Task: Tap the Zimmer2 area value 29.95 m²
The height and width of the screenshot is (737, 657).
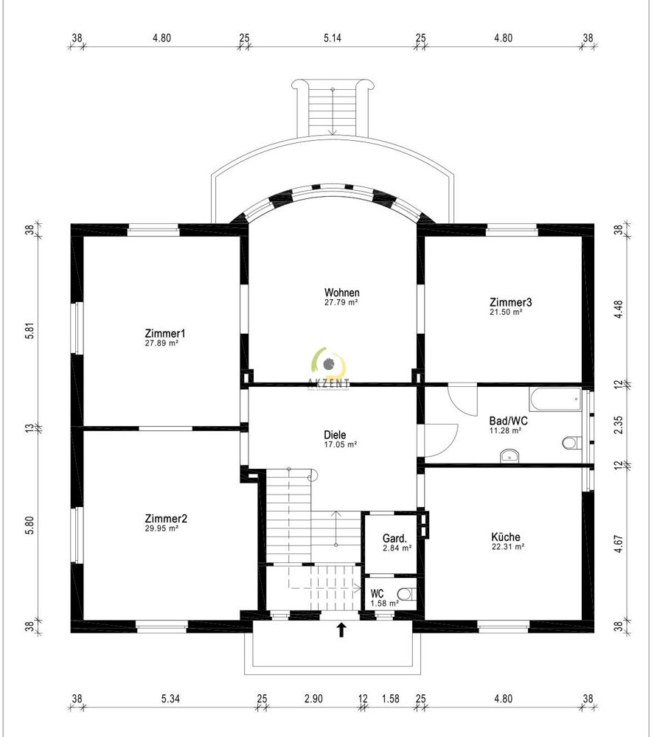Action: point(161,528)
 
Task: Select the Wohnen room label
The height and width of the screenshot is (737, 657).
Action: point(341,293)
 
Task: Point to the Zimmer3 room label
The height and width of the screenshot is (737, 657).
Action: point(510,302)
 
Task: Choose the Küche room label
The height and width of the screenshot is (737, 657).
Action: point(507,537)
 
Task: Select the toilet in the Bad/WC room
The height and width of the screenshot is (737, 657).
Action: point(570,444)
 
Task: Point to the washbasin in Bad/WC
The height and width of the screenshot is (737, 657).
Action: point(510,455)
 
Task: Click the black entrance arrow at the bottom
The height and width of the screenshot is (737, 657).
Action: point(341,629)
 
